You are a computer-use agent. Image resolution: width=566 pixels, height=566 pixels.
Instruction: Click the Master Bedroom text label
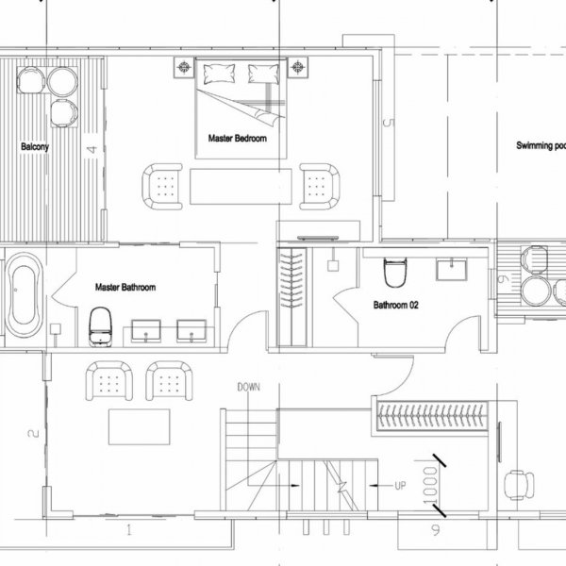tap(237, 139)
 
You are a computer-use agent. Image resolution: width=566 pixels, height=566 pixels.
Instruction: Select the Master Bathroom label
tap(125, 287)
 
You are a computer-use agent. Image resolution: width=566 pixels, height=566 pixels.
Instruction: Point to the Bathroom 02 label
tap(396, 305)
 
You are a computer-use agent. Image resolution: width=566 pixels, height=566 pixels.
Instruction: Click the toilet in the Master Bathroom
tap(99, 325)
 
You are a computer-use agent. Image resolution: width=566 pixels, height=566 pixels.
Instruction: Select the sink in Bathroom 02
tap(451, 270)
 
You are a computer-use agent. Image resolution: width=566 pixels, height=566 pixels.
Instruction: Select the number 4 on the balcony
tap(91, 149)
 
